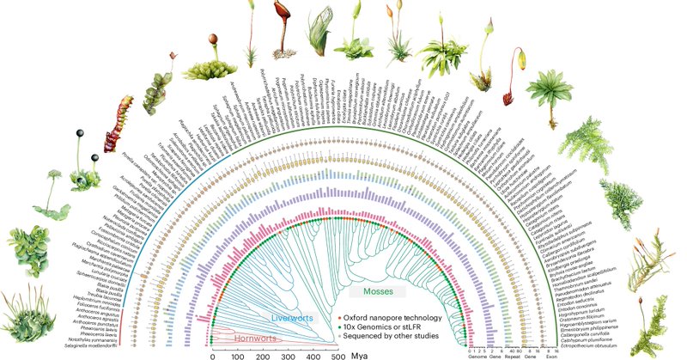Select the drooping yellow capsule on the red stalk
click(x=520, y=59)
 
